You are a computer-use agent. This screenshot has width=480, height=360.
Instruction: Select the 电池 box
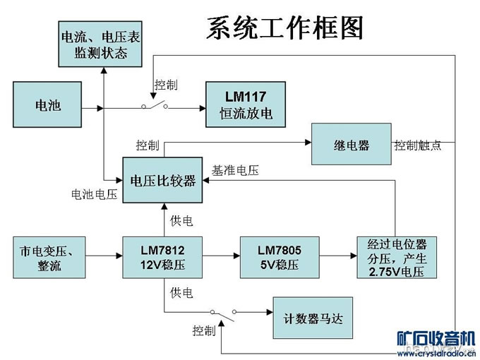pyautogui.click(x=48, y=106)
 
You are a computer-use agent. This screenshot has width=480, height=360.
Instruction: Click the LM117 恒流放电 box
pyautogui.click(x=246, y=105)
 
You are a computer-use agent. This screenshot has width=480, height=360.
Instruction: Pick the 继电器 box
pyautogui.click(x=351, y=145)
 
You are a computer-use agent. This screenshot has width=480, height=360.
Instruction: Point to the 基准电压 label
pyautogui.click(x=235, y=170)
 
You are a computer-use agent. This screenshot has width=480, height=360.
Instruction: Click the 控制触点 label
pyautogui.click(x=418, y=145)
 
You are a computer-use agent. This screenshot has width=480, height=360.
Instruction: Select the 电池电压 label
pyautogui.click(x=94, y=194)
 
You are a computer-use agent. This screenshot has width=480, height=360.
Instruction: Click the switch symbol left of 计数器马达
pyautogui.click(x=224, y=312)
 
